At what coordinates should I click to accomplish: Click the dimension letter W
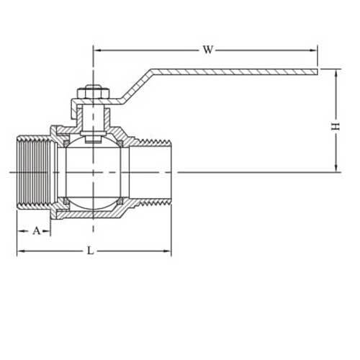point(208,50)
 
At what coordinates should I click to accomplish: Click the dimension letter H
point(335,126)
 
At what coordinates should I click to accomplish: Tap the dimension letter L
point(90,251)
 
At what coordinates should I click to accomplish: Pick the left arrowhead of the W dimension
point(97,50)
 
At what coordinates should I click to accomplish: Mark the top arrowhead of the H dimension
point(336,72)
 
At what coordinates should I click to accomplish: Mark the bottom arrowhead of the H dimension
point(336,169)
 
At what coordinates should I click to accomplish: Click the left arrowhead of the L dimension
point(19,251)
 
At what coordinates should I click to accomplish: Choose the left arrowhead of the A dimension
point(19,231)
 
